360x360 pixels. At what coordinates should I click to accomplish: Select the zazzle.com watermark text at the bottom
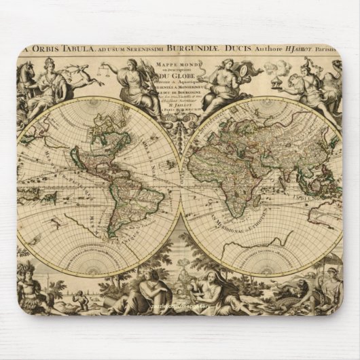(x=178, y=326)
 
